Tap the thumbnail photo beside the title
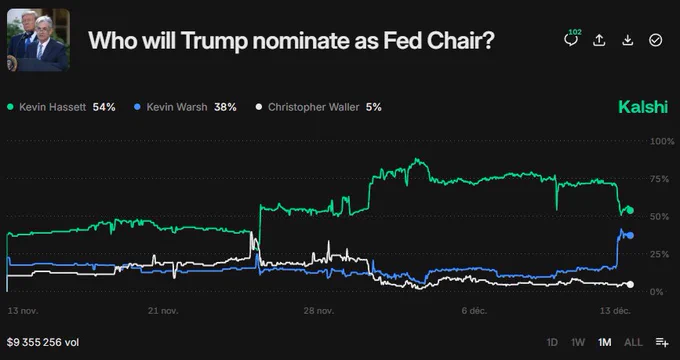[x=39, y=40]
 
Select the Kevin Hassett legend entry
[x=61, y=106]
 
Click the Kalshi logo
[x=642, y=107]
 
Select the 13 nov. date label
[x=23, y=311]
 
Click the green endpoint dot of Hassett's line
[x=629, y=210]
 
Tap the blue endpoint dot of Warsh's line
[x=629, y=236]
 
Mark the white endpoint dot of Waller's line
[x=629, y=284]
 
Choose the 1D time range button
[x=552, y=342]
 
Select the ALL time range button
[x=632, y=342]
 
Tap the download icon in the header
[x=627, y=40]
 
